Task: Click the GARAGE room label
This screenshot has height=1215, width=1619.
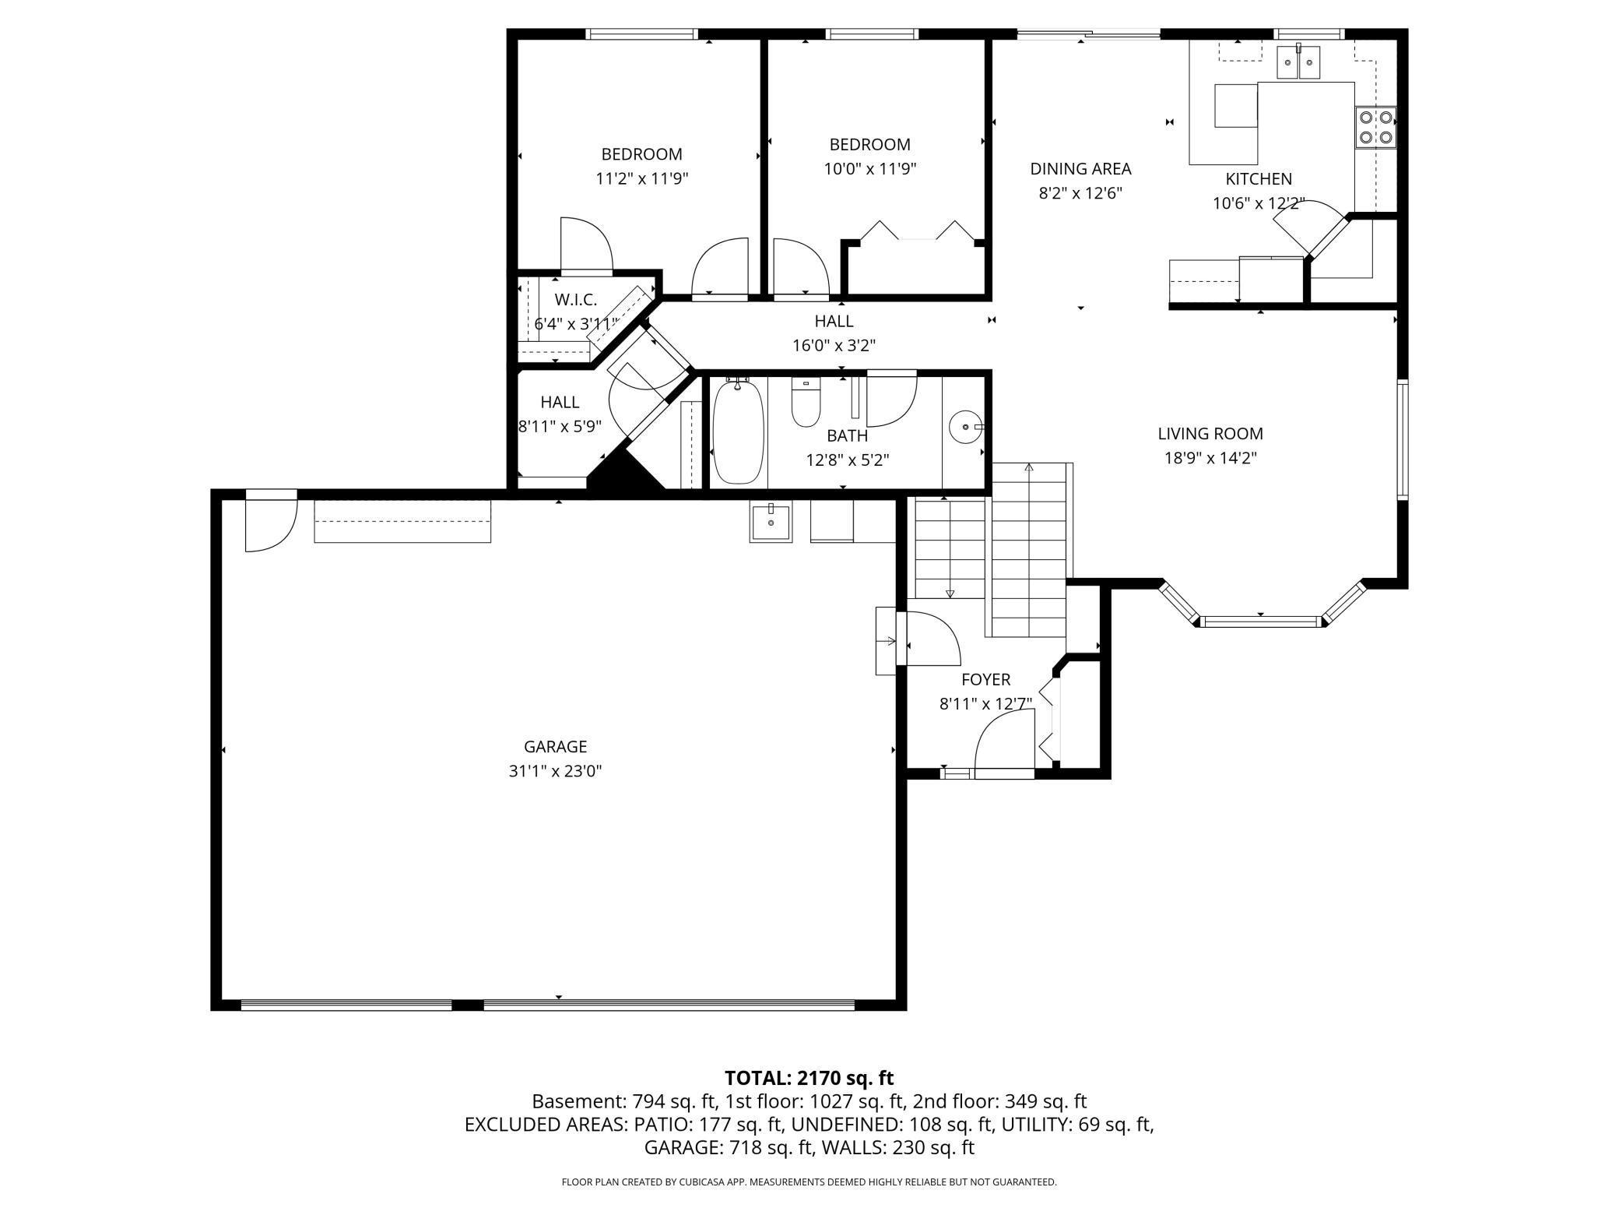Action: coord(555,747)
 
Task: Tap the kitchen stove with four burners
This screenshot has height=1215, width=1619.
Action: coord(1375,128)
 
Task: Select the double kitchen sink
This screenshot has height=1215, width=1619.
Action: coord(1298,62)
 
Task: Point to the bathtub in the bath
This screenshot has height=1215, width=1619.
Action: coord(739,432)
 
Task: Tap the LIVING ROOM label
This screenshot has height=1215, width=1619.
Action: coord(1210,434)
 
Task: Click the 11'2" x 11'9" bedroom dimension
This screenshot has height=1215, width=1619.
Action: coord(642,179)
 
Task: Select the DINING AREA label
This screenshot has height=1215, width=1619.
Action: coord(1080,169)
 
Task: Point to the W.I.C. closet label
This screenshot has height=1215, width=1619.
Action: coord(576,300)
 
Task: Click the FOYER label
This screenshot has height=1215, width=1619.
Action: coord(985,680)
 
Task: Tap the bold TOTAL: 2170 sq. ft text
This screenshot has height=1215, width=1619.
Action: coord(809,1078)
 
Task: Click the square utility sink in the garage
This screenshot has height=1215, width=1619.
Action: coord(771,521)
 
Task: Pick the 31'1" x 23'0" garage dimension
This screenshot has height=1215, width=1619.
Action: coord(555,772)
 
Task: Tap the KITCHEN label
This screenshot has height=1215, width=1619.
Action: coord(1259,179)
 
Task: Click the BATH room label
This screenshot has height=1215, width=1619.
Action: coord(847,436)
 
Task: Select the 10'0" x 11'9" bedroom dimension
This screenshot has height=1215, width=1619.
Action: coord(870,169)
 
